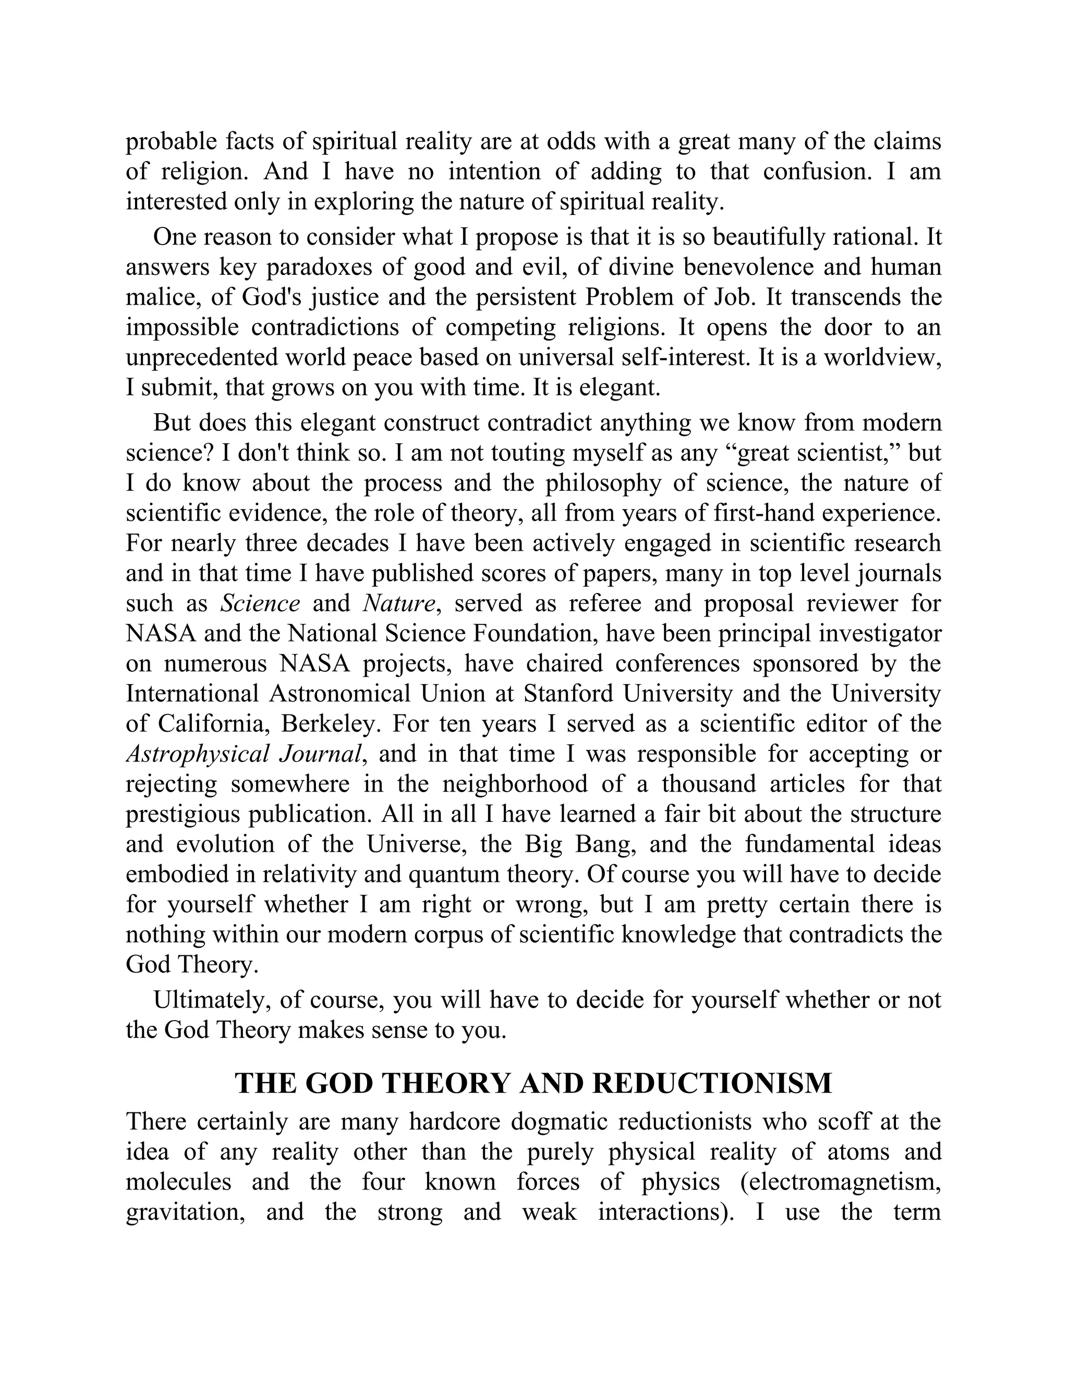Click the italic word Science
coord(260,604)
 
